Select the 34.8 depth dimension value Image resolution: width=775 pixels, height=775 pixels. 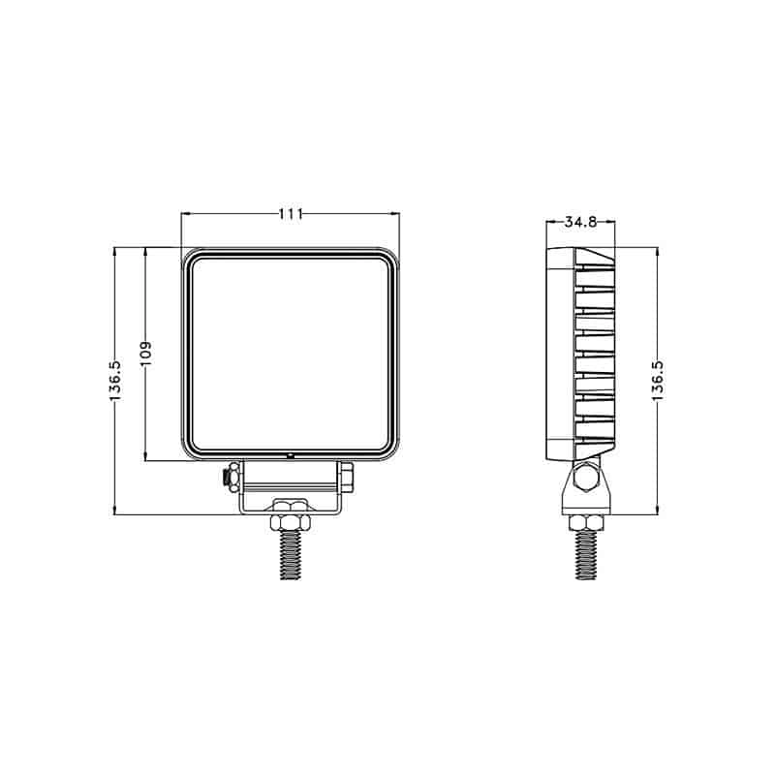(579, 222)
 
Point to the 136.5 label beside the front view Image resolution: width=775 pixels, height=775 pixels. (114, 381)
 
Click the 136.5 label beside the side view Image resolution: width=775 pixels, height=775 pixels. (658, 381)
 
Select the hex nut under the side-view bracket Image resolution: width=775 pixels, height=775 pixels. (585, 524)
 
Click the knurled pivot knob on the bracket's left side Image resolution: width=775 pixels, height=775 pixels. (231, 477)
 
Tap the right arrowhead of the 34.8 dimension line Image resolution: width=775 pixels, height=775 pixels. (611, 222)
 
